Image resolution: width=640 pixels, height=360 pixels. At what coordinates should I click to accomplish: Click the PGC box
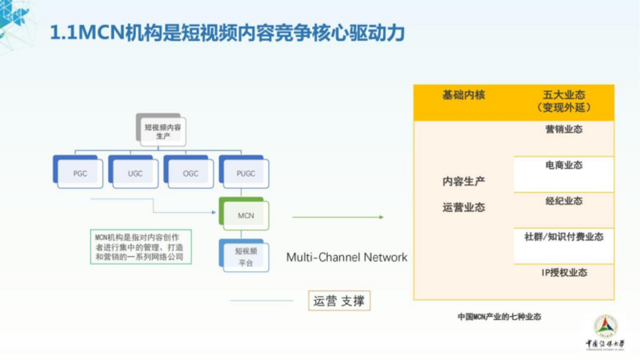click(80, 173)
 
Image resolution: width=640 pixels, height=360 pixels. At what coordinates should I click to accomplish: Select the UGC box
click(134, 173)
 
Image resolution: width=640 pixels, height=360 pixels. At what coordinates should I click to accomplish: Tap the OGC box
click(190, 173)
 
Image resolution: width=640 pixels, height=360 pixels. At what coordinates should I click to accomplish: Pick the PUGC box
click(245, 173)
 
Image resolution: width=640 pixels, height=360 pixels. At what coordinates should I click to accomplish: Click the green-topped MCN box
click(246, 215)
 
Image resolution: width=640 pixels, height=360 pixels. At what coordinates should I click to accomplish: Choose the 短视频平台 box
click(246, 256)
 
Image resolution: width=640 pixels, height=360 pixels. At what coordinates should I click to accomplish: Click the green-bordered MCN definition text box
click(139, 247)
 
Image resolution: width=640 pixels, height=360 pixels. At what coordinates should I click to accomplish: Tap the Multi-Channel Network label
click(346, 258)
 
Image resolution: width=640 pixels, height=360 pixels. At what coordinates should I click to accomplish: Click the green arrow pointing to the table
click(337, 216)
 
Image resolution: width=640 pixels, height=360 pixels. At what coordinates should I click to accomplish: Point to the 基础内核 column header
click(463, 94)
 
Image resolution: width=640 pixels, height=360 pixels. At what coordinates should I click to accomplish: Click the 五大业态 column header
click(563, 100)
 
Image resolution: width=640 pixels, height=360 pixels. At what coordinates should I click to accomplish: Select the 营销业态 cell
click(563, 130)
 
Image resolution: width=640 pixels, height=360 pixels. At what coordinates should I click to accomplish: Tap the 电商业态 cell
click(563, 166)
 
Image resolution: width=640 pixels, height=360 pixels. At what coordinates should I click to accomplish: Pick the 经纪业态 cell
click(563, 202)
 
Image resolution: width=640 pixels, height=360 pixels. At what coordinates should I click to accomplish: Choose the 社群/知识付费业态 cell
click(563, 237)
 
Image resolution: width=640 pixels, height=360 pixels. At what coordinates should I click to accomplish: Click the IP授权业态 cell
click(563, 273)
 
